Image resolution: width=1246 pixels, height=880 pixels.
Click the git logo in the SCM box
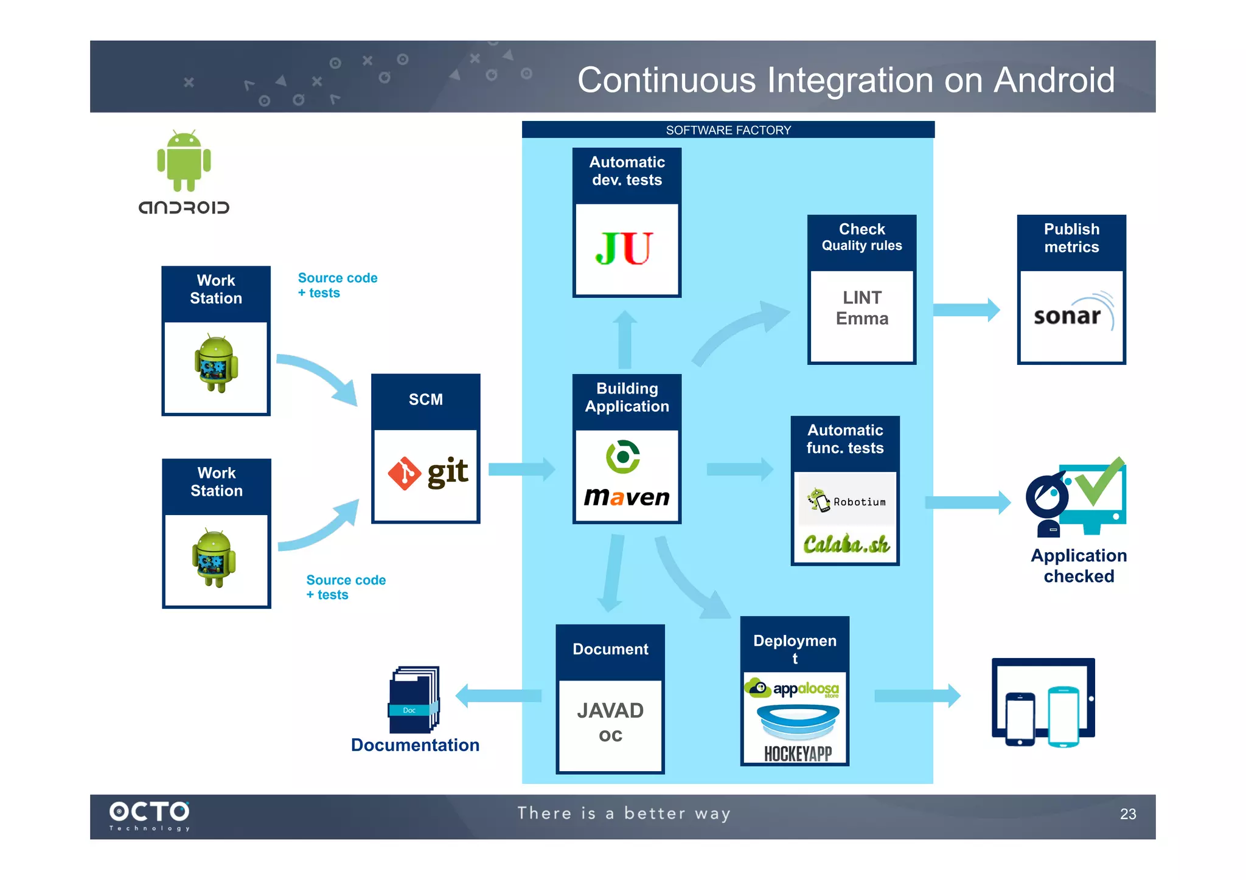[x=428, y=473]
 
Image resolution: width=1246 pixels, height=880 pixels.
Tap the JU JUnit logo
[x=624, y=249]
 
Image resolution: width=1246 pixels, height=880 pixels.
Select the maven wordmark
[x=627, y=497]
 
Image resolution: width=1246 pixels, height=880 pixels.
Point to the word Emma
[x=861, y=319]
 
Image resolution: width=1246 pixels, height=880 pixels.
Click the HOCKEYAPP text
[x=798, y=754]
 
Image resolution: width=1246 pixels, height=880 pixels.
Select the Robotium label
[x=859, y=502]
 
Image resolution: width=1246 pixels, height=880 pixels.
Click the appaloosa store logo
[x=793, y=688]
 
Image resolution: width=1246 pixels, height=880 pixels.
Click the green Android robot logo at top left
[x=184, y=160]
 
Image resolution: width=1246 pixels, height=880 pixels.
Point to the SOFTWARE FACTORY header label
[x=728, y=130]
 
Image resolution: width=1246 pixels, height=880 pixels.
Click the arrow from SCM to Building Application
[x=521, y=469]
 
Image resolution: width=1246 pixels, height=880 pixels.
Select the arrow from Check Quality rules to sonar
[x=966, y=310]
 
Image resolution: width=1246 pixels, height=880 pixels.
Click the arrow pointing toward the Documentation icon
[x=498, y=696]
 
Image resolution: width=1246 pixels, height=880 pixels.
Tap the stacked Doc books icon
[x=414, y=699]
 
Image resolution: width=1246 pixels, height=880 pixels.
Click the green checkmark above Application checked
[x=1099, y=482]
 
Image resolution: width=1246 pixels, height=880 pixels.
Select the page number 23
[x=1127, y=814]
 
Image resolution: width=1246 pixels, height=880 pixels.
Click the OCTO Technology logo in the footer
[x=150, y=815]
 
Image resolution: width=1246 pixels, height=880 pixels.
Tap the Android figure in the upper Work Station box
[x=216, y=364]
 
